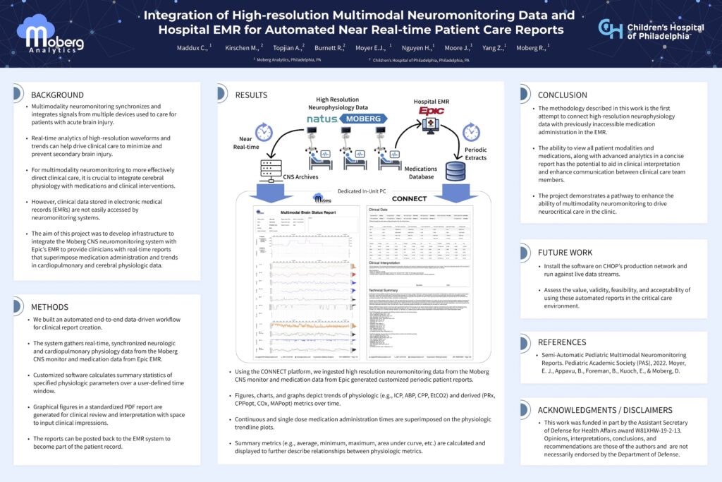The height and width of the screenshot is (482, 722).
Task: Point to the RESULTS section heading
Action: pos(251,95)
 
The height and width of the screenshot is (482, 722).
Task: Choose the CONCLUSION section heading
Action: pos(562,95)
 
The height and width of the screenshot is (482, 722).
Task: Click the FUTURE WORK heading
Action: pos(565,252)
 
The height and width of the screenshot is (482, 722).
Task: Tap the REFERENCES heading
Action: pos(562,342)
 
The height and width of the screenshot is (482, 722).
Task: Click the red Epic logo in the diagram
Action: pos(431,112)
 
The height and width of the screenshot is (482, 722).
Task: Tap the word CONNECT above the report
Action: pos(409,199)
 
